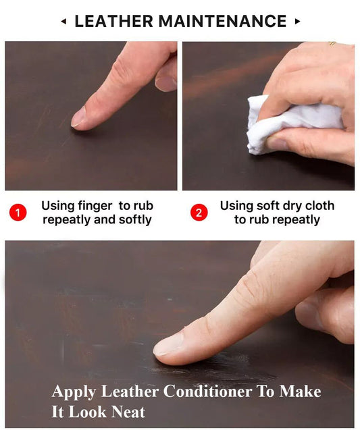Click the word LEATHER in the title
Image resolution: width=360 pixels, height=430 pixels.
click(x=113, y=21)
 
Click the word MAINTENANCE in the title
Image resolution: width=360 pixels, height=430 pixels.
click(x=222, y=21)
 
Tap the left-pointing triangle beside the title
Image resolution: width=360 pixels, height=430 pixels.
click(x=63, y=22)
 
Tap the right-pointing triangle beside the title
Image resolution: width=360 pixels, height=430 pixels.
click(x=297, y=22)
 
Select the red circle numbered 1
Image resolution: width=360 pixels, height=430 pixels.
click(x=18, y=213)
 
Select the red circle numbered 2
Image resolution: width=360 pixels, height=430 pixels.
click(x=199, y=213)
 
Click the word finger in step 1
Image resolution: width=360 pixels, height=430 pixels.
click(x=95, y=206)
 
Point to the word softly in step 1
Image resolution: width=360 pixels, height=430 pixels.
click(x=135, y=219)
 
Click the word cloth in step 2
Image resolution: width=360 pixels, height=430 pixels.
click(x=319, y=206)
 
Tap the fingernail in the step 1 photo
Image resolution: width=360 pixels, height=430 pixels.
click(x=78, y=117)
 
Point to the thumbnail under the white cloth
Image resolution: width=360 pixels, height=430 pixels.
click(x=276, y=143)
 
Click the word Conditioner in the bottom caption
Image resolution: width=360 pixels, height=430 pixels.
click(x=207, y=391)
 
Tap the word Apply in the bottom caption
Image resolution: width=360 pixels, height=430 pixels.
click(x=74, y=392)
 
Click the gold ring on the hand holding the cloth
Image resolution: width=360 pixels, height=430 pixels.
click(x=332, y=44)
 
